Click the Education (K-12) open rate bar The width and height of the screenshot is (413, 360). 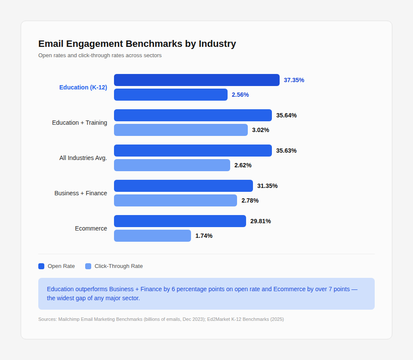(197, 80)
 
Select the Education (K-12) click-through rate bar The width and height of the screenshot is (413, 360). (170, 95)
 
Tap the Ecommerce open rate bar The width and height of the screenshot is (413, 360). (180, 221)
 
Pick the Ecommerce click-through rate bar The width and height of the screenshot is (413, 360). (152, 236)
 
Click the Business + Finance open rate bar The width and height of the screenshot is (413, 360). (183, 186)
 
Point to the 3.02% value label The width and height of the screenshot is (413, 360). (261, 130)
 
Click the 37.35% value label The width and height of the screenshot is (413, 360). (294, 80)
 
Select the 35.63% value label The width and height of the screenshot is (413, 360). (287, 151)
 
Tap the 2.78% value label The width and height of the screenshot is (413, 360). (250, 200)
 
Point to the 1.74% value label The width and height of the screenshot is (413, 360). (204, 236)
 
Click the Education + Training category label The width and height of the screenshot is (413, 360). (80, 123)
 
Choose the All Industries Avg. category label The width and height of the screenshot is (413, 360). (83, 158)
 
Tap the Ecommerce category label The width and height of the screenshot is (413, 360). (91, 228)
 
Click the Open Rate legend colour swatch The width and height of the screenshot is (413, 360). (41, 266)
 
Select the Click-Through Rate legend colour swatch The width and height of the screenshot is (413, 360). (88, 266)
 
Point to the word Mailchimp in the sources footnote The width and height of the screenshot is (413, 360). (70, 319)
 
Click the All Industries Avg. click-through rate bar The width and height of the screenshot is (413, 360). (172, 165)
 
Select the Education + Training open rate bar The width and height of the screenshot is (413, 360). (193, 115)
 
